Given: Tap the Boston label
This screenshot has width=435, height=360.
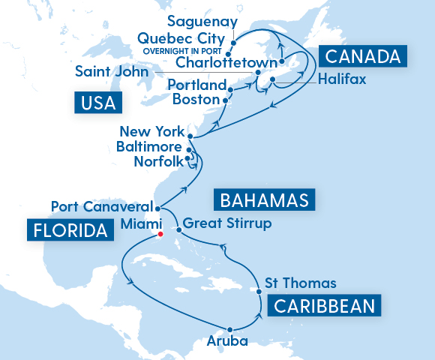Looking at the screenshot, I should point(196,99).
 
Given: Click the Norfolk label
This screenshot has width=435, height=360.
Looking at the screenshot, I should point(157,161).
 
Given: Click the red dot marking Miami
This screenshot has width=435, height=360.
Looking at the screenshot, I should point(160,232).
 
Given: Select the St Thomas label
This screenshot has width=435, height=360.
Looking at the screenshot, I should point(301,283).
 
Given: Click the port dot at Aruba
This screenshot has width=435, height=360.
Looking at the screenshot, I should point(230,329).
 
